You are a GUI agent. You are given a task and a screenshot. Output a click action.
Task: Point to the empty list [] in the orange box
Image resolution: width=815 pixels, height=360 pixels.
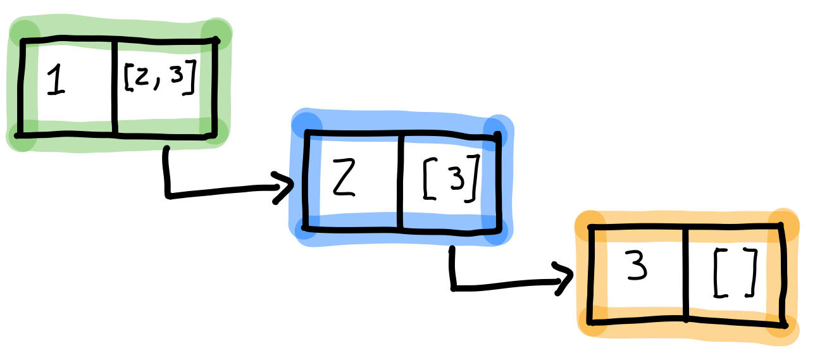735,273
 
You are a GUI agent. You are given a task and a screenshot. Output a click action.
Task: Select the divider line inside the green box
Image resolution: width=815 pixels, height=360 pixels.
115,87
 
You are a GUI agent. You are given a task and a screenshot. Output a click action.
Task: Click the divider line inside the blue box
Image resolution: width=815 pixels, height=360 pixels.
400,180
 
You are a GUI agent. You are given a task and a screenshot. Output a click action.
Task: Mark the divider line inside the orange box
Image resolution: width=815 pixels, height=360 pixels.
685,273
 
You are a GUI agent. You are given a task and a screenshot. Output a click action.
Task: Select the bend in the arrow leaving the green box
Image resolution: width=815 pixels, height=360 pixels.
169,194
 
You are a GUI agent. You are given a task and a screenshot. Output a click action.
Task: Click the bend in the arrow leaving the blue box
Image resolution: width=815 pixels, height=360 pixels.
453,288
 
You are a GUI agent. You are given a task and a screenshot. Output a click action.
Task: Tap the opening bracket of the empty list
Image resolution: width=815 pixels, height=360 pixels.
719,273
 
